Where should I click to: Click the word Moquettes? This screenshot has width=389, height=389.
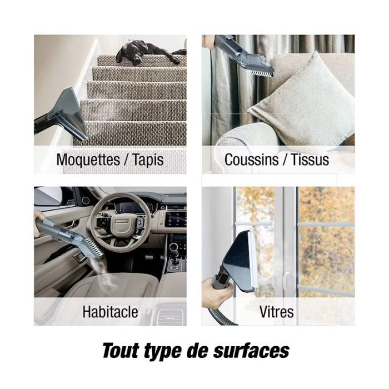[88, 160]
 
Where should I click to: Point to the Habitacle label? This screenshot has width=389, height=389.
[110, 312]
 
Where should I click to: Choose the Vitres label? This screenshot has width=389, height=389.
[277, 312]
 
